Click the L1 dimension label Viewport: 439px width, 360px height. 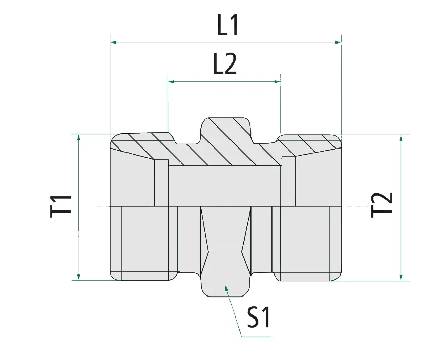[228, 26]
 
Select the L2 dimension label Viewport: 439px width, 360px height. [225, 65]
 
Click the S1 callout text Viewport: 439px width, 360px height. [258, 317]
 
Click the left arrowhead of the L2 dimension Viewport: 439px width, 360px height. [172, 81]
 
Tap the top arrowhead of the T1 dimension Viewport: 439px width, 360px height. [79, 138]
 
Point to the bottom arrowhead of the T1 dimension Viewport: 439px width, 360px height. [79, 277]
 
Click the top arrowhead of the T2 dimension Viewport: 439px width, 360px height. [401, 139]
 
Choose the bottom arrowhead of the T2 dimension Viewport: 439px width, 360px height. [401, 277]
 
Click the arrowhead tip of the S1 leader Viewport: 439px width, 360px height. [226, 289]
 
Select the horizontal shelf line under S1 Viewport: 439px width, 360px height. [256, 337]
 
